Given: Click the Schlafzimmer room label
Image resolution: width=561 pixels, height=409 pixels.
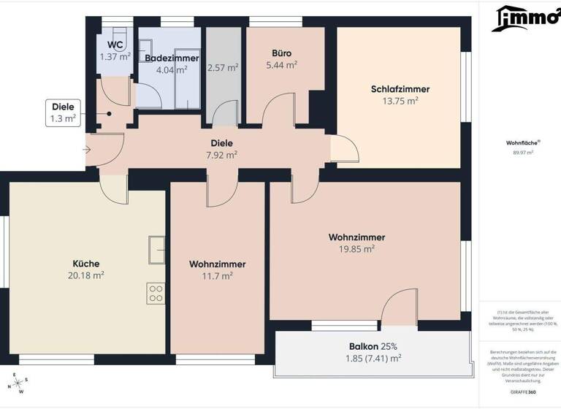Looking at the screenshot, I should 400,89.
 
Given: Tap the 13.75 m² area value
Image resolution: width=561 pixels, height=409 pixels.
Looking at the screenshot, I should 400,102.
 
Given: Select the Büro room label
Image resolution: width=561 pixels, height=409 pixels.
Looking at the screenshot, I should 282,53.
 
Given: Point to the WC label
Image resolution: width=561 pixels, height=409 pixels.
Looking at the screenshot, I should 115,45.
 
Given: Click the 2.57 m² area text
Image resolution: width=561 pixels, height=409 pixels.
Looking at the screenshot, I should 223,68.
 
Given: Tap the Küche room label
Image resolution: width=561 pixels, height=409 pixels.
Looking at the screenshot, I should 85,264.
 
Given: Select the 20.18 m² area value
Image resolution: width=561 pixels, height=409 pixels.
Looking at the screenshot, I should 85,275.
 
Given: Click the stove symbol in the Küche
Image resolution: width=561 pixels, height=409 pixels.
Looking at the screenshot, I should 156,293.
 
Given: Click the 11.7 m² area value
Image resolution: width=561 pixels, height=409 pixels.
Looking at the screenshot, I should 217,276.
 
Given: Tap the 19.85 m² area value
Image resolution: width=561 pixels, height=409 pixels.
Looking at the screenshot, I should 356,249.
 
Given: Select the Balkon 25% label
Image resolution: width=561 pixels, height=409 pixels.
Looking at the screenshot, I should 373,346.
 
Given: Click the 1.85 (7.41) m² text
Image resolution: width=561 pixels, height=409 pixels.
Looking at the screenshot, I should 373,359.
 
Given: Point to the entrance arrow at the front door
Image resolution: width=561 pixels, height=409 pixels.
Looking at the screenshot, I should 86,150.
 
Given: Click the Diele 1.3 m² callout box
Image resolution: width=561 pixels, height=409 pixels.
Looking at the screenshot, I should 63,112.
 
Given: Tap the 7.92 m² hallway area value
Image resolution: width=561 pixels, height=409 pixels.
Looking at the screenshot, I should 221,155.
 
